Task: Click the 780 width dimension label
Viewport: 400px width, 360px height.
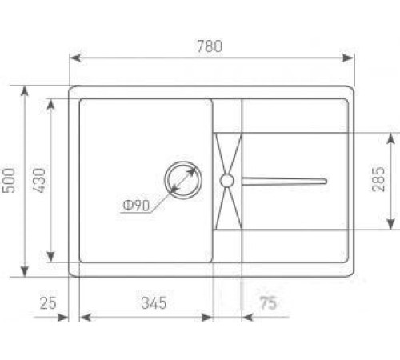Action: (210, 46)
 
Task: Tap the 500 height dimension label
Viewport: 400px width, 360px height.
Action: (9, 180)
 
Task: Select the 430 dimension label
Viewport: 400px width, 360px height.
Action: (39, 180)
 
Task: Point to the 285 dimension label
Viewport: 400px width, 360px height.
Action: (378, 179)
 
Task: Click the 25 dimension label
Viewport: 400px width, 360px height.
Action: (48, 303)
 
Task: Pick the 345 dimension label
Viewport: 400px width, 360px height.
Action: (154, 303)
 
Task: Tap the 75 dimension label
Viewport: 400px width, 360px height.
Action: (269, 303)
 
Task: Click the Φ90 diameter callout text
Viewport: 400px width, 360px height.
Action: (136, 206)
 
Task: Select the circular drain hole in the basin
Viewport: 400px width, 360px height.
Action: (183, 180)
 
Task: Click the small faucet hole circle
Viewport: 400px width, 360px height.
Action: (227, 181)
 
